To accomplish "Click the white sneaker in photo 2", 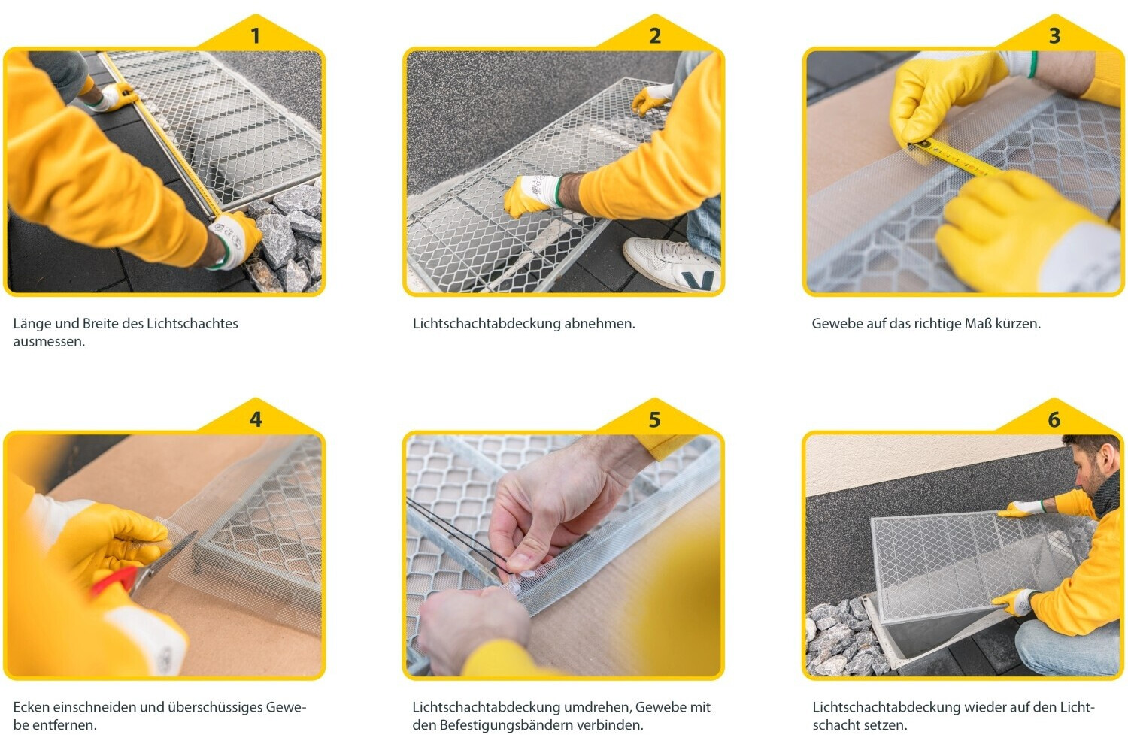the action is [x=672, y=264].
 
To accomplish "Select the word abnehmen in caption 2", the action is [x=599, y=323].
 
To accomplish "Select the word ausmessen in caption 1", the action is [x=50, y=341].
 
